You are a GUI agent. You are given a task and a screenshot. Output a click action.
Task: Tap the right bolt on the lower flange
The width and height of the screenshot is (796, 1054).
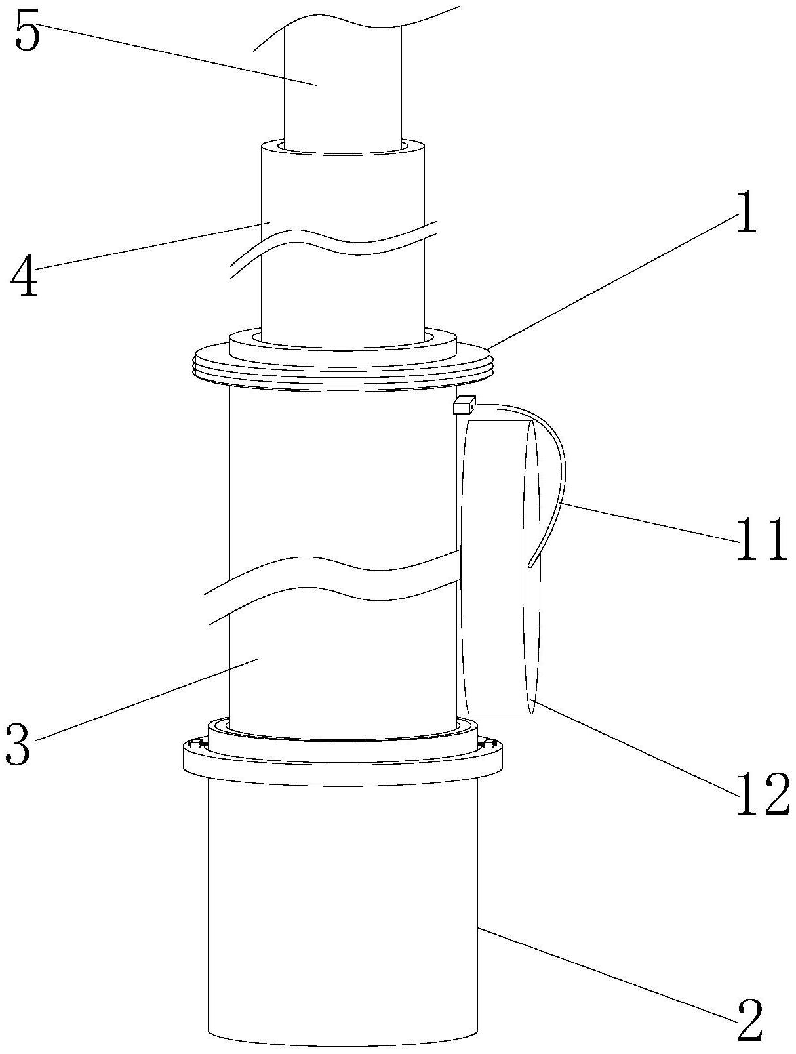click(x=489, y=744)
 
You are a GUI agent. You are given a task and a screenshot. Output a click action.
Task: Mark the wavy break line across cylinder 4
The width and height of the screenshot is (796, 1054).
click(x=334, y=246)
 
